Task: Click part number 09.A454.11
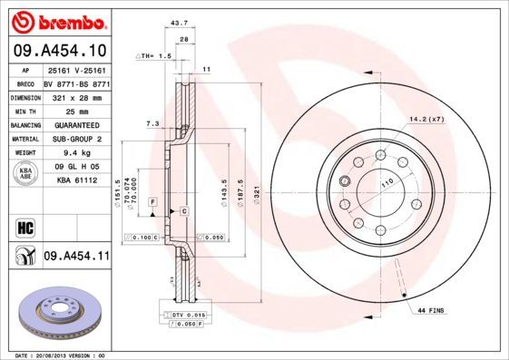click(x=76, y=258)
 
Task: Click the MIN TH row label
click(x=23, y=111)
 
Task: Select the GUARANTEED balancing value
click(x=77, y=125)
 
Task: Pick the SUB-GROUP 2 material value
click(x=77, y=139)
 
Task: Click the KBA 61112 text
click(x=77, y=181)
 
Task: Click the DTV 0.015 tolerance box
click(x=185, y=314)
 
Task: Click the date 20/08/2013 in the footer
click(x=70, y=355)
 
